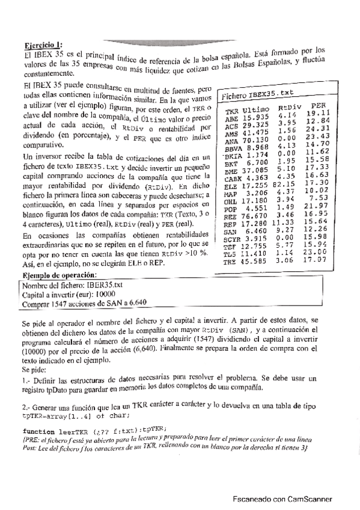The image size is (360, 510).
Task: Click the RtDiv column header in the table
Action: pos(290,106)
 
